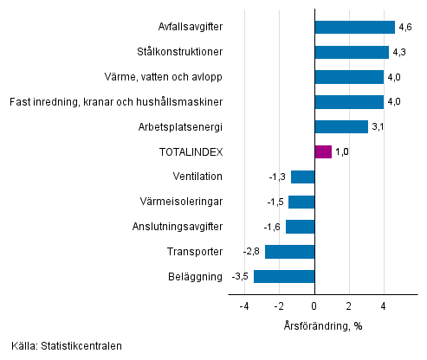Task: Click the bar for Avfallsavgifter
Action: tap(354, 27)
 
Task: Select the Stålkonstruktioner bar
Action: tap(352, 52)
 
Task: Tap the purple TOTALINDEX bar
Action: tap(323, 151)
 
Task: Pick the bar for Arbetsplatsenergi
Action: tap(341, 127)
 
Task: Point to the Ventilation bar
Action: tap(303, 177)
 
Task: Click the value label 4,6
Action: tap(404, 27)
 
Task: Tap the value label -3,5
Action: tap(240, 277)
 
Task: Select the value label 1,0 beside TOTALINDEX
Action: tap(342, 151)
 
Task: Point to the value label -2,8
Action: tap(252, 252)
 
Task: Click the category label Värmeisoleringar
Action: tap(182, 202)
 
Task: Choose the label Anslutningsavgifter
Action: tap(177, 227)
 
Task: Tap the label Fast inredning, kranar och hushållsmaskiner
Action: tap(116, 102)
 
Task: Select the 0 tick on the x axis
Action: tap(314, 305)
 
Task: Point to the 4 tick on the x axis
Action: tap(384, 305)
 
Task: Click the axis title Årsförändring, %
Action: tap(322, 325)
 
